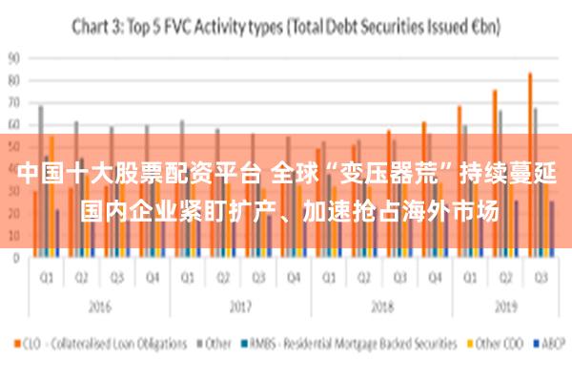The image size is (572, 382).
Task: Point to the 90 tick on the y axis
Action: [x=13, y=56]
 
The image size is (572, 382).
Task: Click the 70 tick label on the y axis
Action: [x=13, y=101]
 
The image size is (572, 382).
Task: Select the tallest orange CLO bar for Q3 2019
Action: [x=530, y=162]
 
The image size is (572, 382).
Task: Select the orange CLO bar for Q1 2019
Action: [x=460, y=181]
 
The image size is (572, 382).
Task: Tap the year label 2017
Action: [x=240, y=308]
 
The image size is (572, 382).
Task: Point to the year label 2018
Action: [x=381, y=308]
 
